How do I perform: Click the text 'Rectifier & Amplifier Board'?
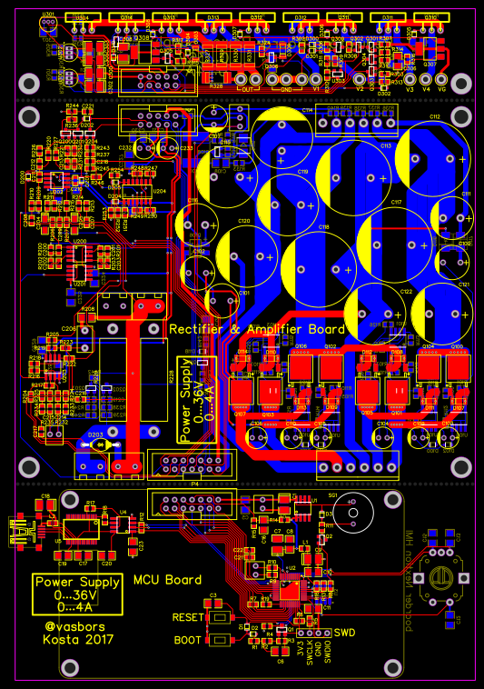point(258,330)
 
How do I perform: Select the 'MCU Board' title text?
point(168,580)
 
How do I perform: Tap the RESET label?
point(188,618)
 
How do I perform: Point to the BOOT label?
point(190,640)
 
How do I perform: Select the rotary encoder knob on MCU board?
point(443,575)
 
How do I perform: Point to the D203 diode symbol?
point(106,445)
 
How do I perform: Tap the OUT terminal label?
point(248,89)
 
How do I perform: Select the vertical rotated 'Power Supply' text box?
point(194,398)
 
